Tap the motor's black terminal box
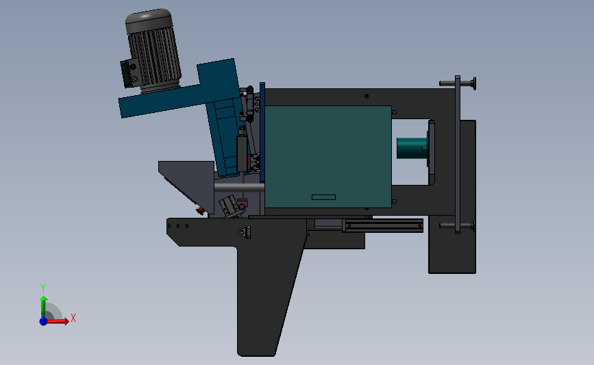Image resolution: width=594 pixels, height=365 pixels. click(129, 73)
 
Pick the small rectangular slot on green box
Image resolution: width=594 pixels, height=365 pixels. click(324, 197)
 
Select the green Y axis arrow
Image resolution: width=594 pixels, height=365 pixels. click(43, 305)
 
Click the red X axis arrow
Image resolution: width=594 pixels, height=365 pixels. click(60, 320)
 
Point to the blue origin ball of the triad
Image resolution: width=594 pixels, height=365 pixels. click(43, 320)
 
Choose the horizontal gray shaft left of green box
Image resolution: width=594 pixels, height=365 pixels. click(238, 186)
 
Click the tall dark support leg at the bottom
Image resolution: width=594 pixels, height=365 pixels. click(264, 301)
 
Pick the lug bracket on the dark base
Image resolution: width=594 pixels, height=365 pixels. click(244, 233)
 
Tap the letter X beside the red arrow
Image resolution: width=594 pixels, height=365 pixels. click(73, 318)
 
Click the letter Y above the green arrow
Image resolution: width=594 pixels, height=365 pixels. click(42, 288)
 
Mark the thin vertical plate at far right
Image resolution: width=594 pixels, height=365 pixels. click(457, 154)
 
